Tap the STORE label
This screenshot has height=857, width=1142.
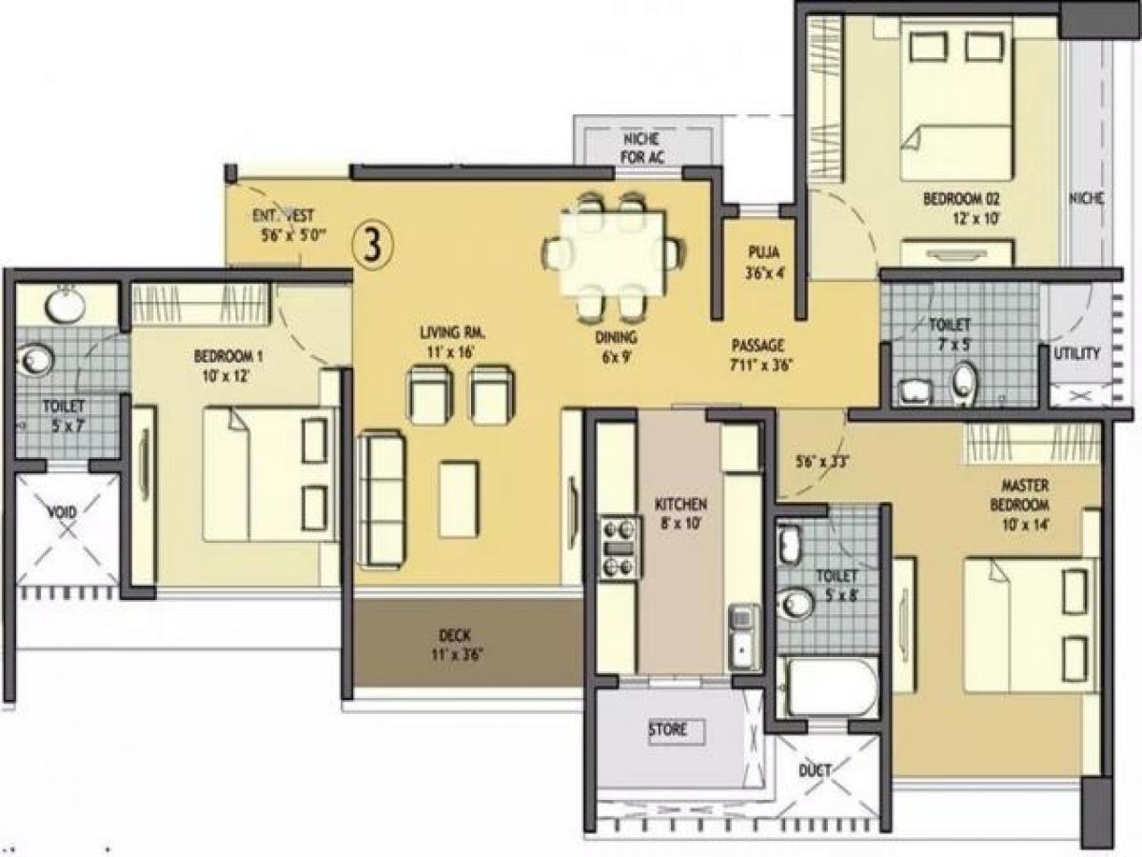click(667, 730)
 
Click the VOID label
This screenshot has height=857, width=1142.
click(63, 510)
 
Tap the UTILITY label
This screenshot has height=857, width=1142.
click(1076, 353)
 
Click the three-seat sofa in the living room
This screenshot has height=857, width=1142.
click(384, 499)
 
